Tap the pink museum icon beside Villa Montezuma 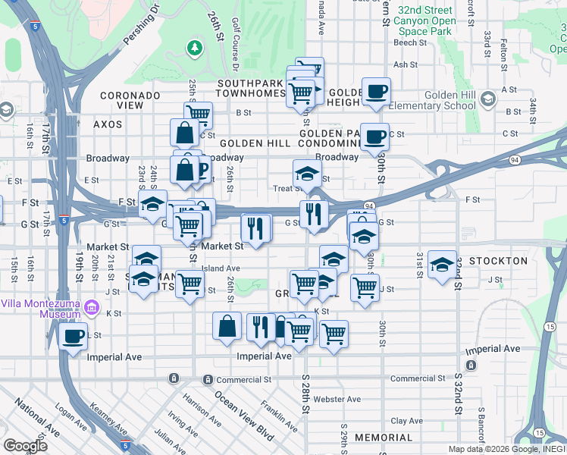[92, 307]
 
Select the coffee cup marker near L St [74, 336]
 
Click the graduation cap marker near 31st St [442, 265]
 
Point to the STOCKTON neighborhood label [498, 261]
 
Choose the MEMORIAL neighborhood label [383, 438]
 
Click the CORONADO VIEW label [131, 100]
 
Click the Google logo [24, 446]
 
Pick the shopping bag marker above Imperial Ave [227, 326]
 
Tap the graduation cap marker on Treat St [307, 174]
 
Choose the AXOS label [107, 124]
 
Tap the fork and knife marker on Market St [255, 227]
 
